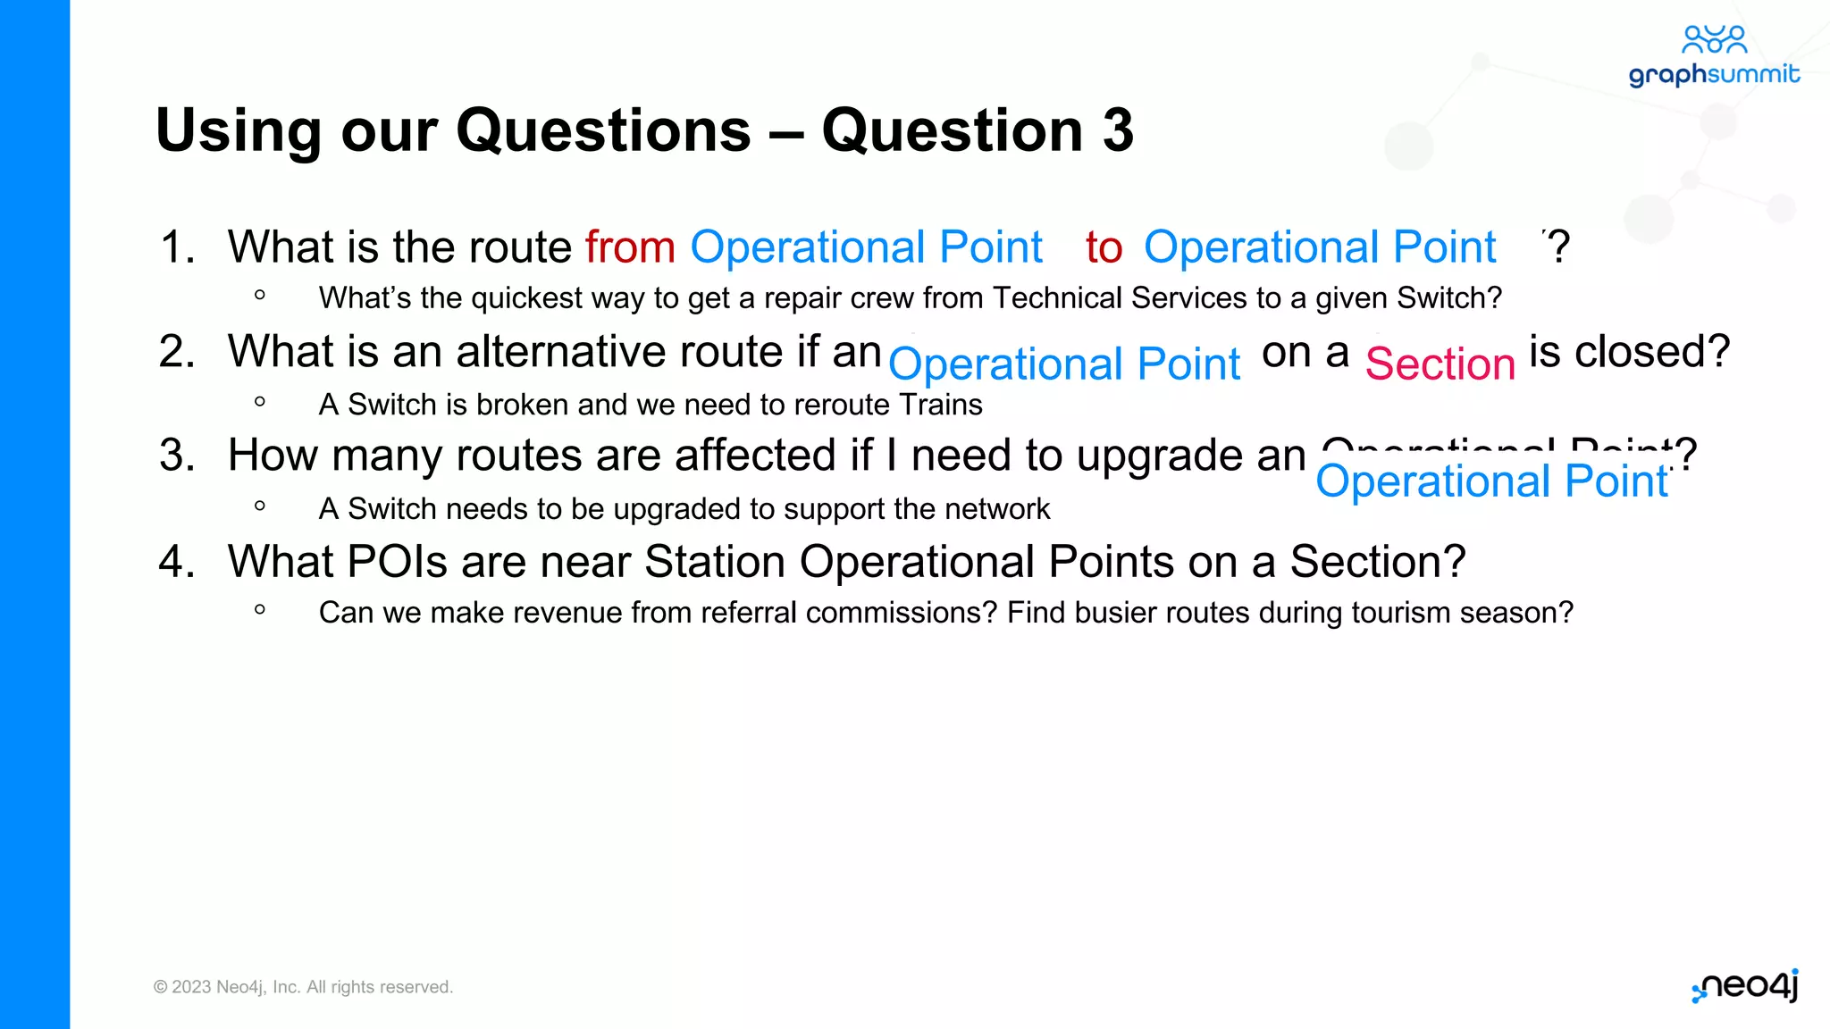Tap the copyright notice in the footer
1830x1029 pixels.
pyautogui.click(x=303, y=987)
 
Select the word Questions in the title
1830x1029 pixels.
pyautogui.click(x=603, y=130)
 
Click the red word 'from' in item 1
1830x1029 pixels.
pyautogui.click(x=630, y=247)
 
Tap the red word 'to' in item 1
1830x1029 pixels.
pyautogui.click(x=1104, y=247)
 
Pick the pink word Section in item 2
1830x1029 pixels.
pyautogui.click(x=1440, y=364)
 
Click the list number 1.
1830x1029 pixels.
pyautogui.click(x=177, y=247)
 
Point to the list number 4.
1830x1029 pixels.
pyautogui.click(x=177, y=562)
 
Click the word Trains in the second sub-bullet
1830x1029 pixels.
pyautogui.click(x=940, y=405)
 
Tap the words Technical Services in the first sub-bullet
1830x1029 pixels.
pyautogui.click(x=1137, y=297)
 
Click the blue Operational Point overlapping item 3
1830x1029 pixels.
pyautogui.click(x=1490, y=481)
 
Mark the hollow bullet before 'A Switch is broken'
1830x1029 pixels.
pyautogui.click(x=260, y=402)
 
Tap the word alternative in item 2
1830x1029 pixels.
pyautogui.click(x=550, y=351)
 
